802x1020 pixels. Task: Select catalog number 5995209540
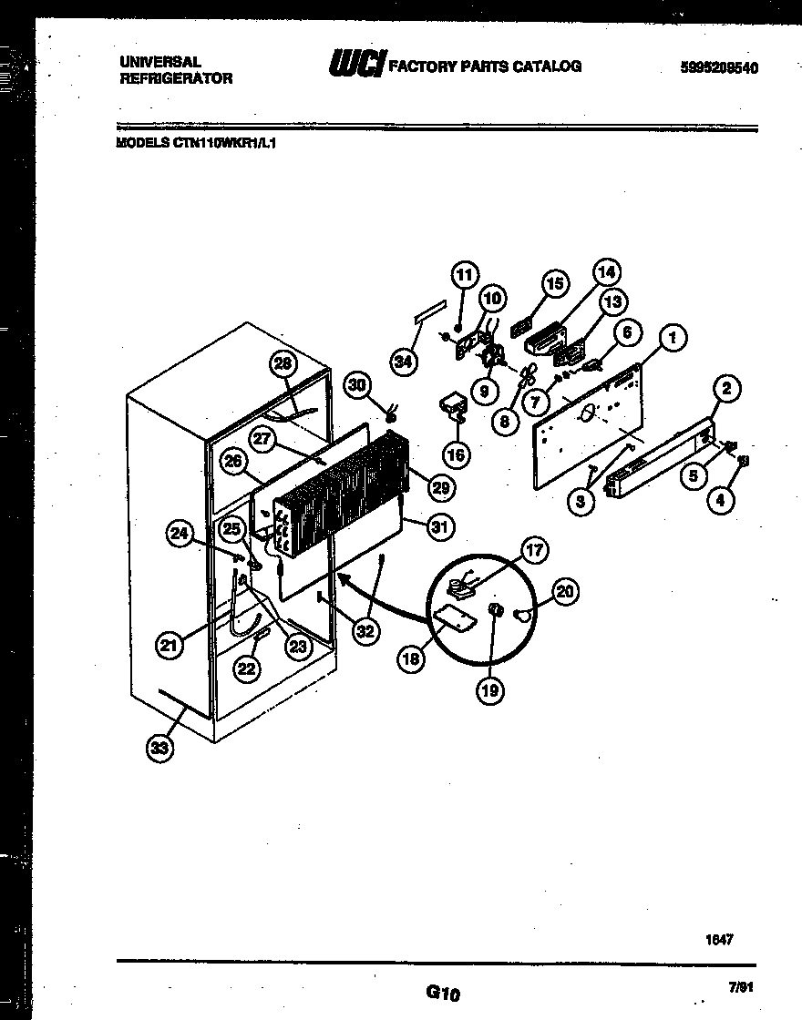719,67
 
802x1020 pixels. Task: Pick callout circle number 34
402,362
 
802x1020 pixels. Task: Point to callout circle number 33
159,749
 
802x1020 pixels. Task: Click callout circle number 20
565,593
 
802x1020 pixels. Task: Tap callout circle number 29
440,488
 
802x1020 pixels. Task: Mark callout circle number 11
465,274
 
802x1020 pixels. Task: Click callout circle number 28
283,365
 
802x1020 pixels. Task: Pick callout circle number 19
491,691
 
